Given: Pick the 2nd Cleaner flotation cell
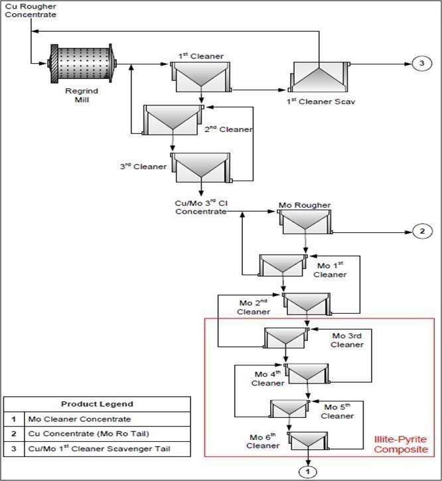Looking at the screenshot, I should (x=173, y=119).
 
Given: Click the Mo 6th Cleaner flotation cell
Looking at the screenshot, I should (x=308, y=440).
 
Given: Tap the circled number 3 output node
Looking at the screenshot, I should (x=421, y=64).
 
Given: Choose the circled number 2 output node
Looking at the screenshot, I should (x=421, y=232).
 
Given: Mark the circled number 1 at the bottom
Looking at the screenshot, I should (x=308, y=472).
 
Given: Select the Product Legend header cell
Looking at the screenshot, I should (x=97, y=404).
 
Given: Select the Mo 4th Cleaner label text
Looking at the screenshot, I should (x=268, y=379).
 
